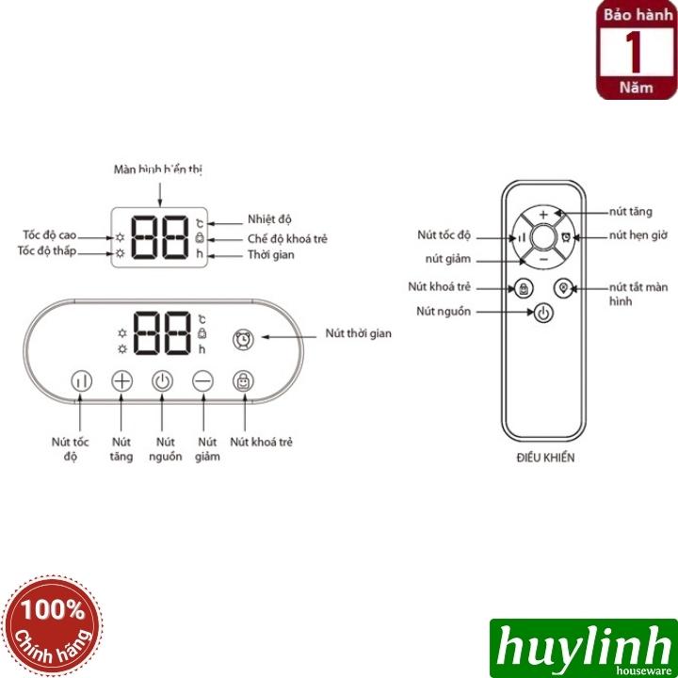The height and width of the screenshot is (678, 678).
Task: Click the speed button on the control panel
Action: click(81, 382)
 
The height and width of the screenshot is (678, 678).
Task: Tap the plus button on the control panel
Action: click(121, 382)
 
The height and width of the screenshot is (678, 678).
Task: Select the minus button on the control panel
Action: click(203, 382)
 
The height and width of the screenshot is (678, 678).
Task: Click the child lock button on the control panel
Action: click(244, 382)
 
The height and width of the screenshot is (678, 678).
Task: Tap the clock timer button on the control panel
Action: click(244, 337)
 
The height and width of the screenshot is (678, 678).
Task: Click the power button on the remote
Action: click(542, 313)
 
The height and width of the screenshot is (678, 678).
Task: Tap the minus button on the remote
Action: click(542, 256)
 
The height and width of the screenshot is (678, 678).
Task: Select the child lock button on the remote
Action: click(524, 289)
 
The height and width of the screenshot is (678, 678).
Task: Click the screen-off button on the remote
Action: click(562, 289)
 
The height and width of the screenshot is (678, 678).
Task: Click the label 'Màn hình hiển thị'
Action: click(158, 169)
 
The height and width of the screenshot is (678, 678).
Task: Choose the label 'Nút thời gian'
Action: click(358, 333)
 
